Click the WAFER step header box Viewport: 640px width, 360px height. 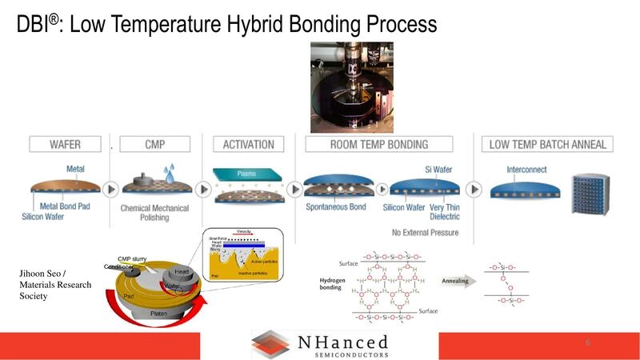click(x=65, y=145)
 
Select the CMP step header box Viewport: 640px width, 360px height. click(x=155, y=145)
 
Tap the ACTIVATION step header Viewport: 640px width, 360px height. click(x=248, y=145)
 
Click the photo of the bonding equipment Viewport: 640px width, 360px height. click(x=351, y=87)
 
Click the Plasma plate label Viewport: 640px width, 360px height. click(x=247, y=173)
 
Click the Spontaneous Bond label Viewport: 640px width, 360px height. click(x=336, y=207)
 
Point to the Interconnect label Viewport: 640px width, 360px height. click(x=527, y=170)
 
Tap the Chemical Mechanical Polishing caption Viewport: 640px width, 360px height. click(x=154, y=213)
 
